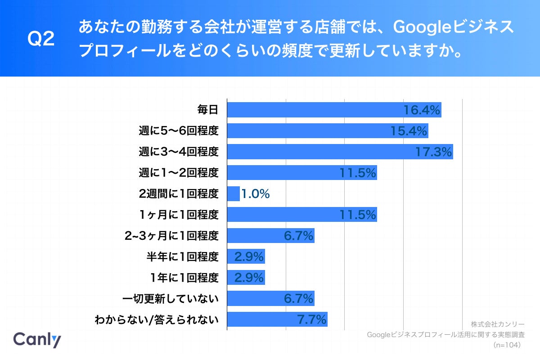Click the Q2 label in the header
41,40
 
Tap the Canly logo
37,340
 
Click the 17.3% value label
433,152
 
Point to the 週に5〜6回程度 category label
179,131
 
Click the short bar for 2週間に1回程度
233,194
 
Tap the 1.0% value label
256,194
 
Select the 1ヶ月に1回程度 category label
179,215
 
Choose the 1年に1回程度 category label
185,278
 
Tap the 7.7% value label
311,319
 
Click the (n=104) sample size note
507,345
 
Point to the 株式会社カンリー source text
498,324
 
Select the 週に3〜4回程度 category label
179,152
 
